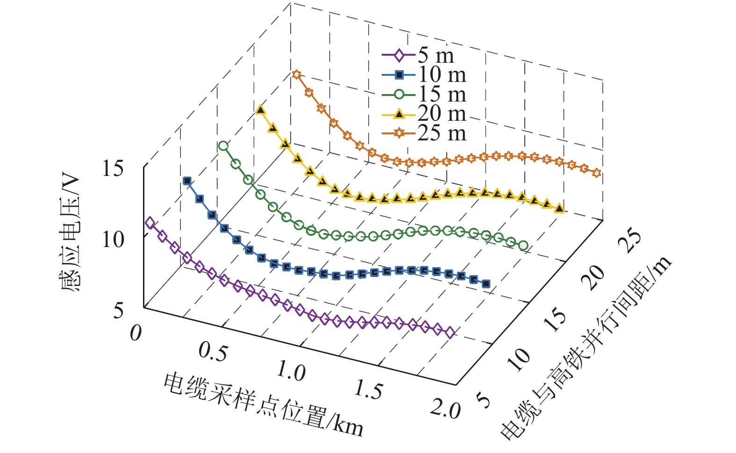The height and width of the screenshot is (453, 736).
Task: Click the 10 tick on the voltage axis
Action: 113,240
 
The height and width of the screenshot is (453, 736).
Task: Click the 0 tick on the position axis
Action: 136,333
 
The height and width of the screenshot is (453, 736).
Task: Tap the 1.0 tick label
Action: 291,372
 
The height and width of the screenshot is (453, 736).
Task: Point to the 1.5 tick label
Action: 368,390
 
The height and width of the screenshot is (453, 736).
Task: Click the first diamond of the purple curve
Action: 150,223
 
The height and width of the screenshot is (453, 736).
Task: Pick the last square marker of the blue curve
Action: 486,284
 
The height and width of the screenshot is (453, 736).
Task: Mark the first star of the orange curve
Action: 296,74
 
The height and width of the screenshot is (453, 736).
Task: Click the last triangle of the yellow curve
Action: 559,208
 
